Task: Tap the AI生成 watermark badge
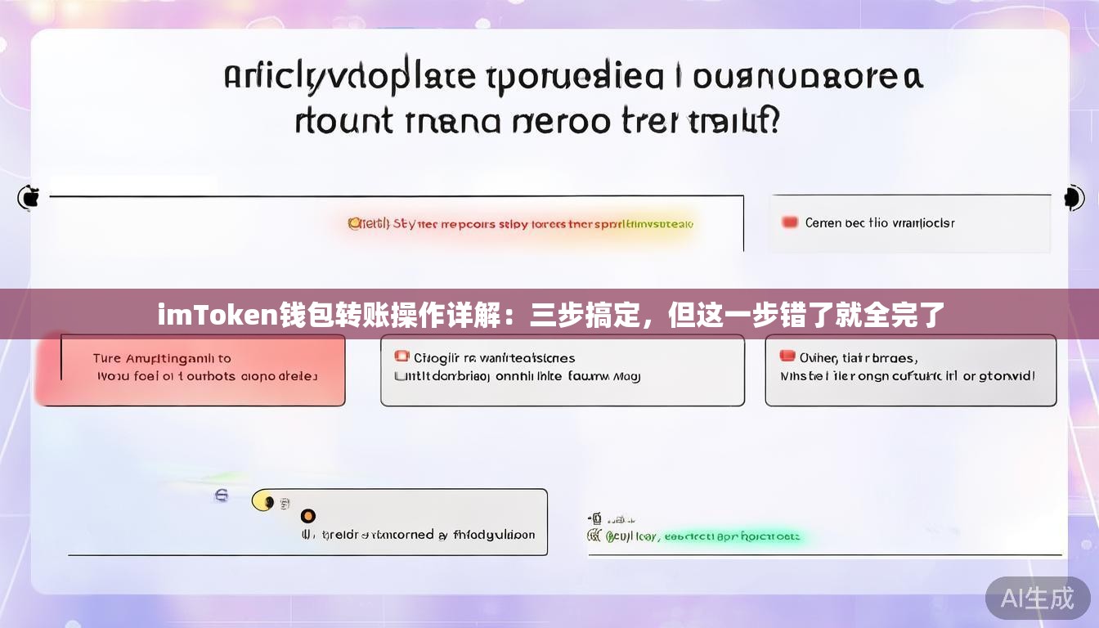[1038, 598]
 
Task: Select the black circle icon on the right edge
[1072, 197]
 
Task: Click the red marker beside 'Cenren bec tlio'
[789, 222]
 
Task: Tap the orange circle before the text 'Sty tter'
[354, 222]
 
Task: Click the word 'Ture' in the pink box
[107, 358]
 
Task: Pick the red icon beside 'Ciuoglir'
[401, 357]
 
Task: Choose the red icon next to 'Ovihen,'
[787, 356]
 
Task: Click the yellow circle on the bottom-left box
[262, 500]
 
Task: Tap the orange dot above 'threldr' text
[308, 516]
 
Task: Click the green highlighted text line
[703, 537]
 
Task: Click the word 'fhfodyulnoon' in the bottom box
[494, 535]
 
